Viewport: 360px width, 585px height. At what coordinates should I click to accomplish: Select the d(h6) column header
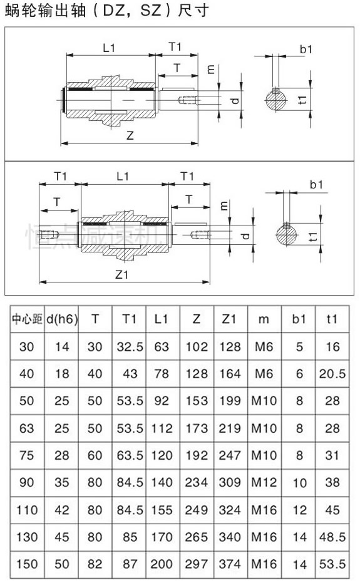point(61,319)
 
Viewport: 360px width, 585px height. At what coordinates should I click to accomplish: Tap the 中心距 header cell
point(27,319)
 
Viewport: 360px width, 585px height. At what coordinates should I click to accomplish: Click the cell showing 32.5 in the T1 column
point(130,347)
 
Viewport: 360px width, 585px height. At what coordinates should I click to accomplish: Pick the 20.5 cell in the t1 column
point(332,374)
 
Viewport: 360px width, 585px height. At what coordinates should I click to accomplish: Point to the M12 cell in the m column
point(264,483)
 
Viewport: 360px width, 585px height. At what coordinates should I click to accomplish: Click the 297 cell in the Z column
point(196,564)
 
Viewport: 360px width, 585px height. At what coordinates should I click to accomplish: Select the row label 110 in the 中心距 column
point(27,510)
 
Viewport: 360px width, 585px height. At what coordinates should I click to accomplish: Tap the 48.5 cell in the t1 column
point(332,537)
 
